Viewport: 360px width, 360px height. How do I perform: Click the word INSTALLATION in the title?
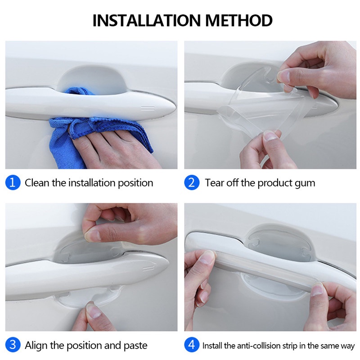pos(148,20)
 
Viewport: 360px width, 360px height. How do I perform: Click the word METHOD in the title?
pos(239,20)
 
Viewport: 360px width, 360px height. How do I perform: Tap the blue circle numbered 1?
pos(13,183)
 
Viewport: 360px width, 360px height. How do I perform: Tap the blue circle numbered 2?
pos(192,183)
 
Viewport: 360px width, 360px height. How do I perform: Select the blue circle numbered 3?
pos(13,345)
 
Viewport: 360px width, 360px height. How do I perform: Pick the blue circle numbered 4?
pos(192,345)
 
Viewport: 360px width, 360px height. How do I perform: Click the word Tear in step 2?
pos(214,183)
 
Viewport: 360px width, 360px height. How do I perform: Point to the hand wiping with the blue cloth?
pos(112,147)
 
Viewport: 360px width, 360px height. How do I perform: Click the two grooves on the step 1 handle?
pos(148,108)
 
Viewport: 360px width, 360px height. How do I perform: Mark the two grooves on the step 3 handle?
pos(148,269)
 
